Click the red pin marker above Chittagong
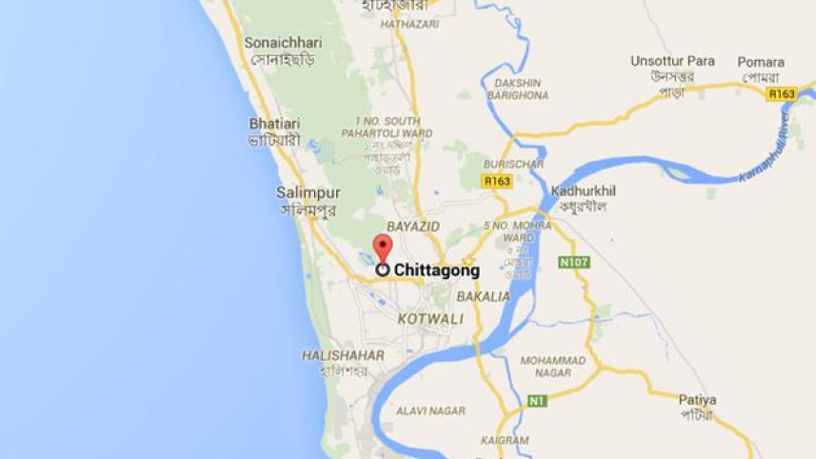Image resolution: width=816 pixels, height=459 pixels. pyautogui.click(x=382, y=248)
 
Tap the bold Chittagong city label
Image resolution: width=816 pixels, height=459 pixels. pyautogui.click(x=436, y=270)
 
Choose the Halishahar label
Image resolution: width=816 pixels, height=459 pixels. pyautogui.click(x=343, y=355)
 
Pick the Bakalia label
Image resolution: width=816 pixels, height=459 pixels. pyautogui.click(x=483, y=296)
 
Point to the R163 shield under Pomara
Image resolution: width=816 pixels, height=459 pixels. pyautogui.click(x=782, y=94)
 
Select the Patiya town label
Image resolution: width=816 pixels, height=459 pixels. pyautogui.click(x=697, y=400)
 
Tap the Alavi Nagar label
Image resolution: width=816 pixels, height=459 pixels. pyautogui.click(x=431, y=410)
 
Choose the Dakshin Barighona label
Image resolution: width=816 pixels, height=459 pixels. pyautogui.click(x=518, y=89)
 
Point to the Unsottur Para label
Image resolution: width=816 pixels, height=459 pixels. pyautogui.click(x=672, y=62)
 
